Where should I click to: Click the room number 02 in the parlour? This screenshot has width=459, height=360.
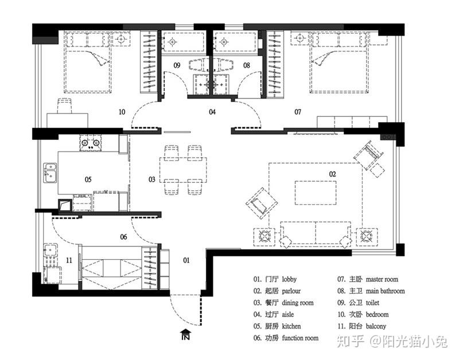[332, 174]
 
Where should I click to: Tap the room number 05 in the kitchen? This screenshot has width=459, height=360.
[88, 179]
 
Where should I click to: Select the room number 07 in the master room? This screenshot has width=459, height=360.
[298, 112]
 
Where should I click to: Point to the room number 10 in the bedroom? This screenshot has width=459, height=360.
[122, 112]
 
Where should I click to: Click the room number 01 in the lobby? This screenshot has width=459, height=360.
[186, 260]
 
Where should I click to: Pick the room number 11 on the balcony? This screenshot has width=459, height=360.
[69, 260]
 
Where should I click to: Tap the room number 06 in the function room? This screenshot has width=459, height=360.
[123, 237]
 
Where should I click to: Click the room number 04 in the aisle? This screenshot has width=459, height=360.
[212, 112]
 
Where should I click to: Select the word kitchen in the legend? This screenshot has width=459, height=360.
[291, 326]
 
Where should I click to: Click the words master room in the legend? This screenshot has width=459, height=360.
[382, 279]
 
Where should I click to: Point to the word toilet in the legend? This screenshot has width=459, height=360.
[372, 303]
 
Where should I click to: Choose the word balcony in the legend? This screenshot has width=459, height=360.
[376, 326]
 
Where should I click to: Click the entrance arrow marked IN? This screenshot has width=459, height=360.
[186, 334]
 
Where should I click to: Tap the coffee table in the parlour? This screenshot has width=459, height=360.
[316, 193]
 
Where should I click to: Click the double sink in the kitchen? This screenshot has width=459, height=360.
[50, 173]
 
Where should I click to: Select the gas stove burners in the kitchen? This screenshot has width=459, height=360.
[91, 143]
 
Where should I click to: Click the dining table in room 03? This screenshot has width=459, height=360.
[183, 170]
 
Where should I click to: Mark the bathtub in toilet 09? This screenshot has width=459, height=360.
[184, 42]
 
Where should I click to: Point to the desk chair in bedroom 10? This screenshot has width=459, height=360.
[65, 106]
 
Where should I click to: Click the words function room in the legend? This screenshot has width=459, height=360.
[300, 338]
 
